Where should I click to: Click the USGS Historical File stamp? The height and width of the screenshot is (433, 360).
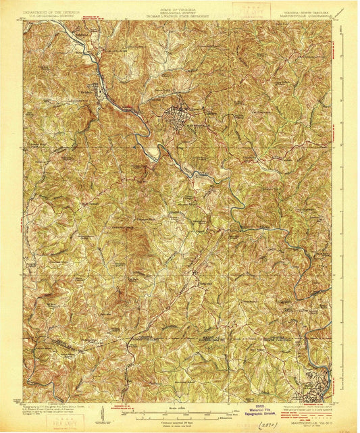254,410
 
